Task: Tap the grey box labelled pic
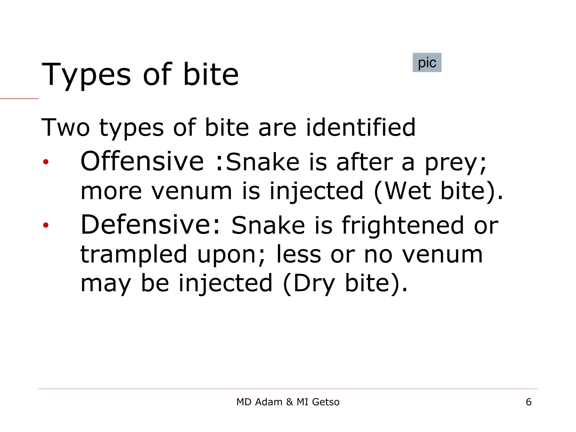click(x=427, y=62)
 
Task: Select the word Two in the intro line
click(x=65, y=128)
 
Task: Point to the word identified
click(x=361, y=128)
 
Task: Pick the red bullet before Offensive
click(x=46, y=162)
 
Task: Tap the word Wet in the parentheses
click(x=407, y=191)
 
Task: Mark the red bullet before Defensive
click(x=46, y=225)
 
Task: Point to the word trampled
click(x=134, y=255)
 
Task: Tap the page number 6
click(x=528, y=402)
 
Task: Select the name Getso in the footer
click(x=326, y=402)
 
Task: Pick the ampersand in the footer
click(x=289, y=402)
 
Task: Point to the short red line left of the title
click(x=19, y=99)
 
